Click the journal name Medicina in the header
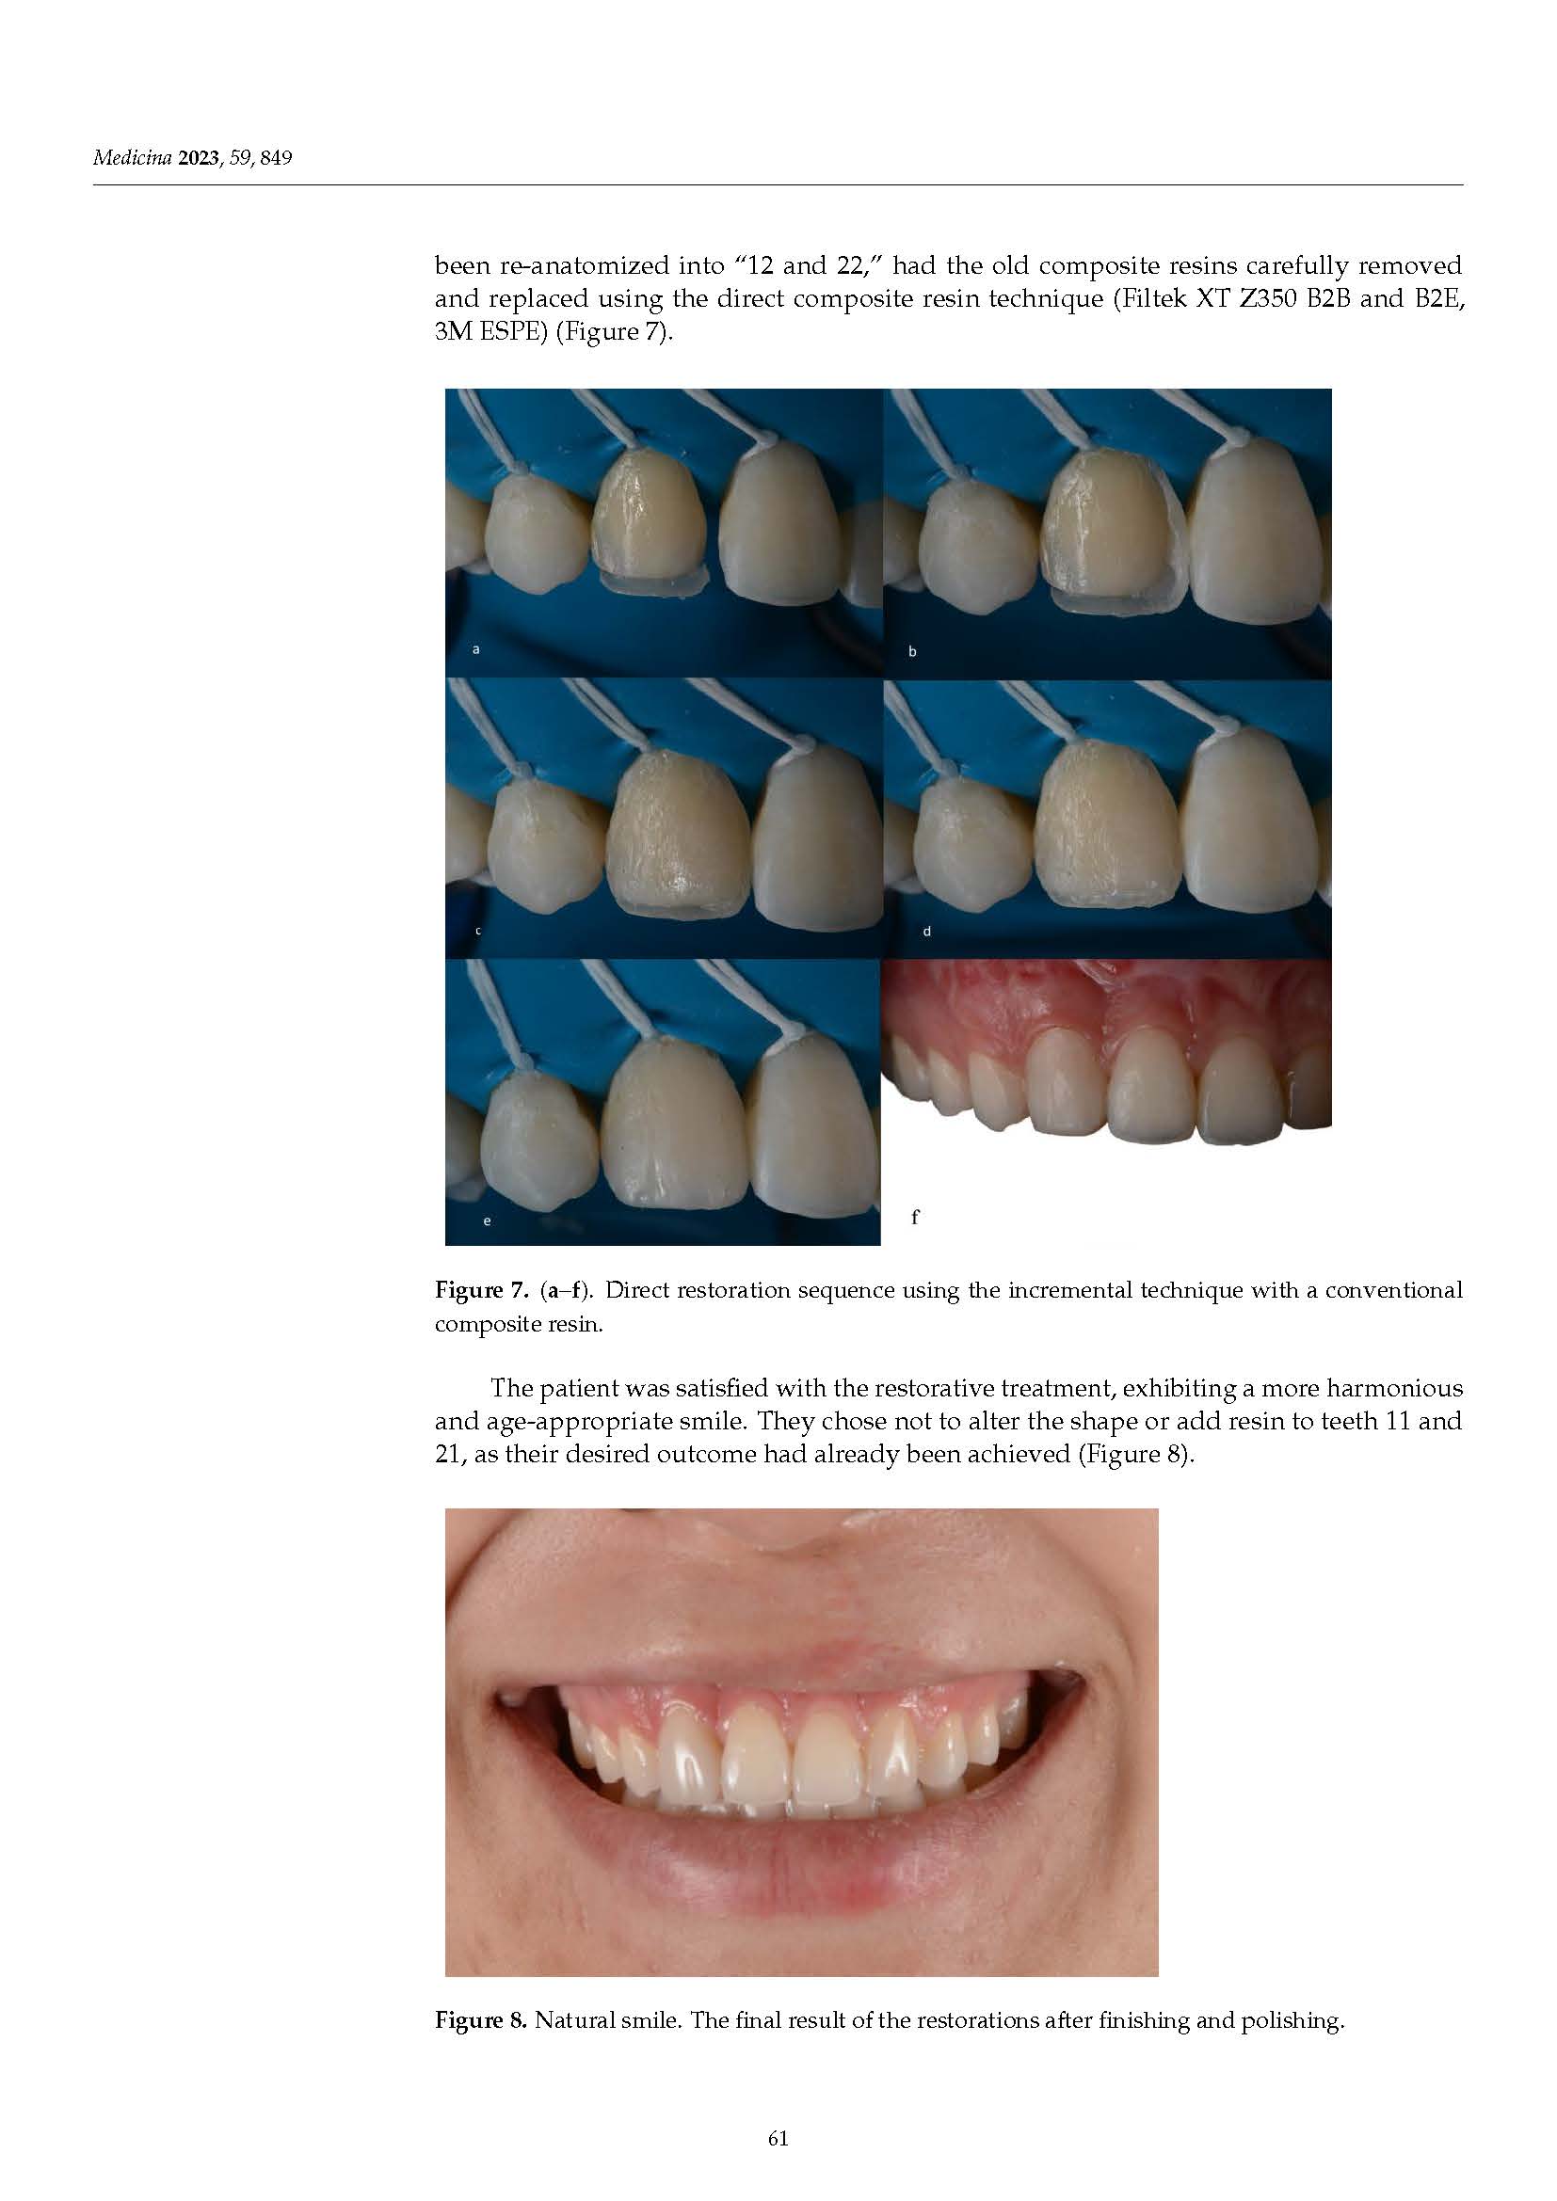pyautogui.click(x=132, y=158)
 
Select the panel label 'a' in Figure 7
pyautogui.click(x=476, y=650)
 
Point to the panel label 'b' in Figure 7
pyautogui.click(x=913, y=652)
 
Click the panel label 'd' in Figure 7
pyautogui.click(x=927, y=931)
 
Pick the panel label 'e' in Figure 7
pyautogui.click(x=487, y=1220)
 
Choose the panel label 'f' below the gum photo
pyautogui.click(x=916, y=1217)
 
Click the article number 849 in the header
pyautogui.click(x=275, y=158)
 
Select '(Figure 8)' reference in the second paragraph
pyautogui.click(x=1135, y=1455)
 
